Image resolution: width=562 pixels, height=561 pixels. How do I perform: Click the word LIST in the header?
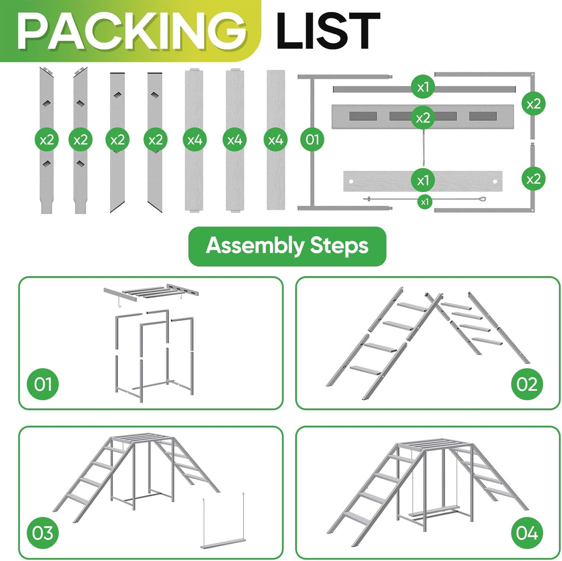(328, 31)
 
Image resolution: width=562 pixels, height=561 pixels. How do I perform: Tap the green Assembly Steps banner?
(287, 246)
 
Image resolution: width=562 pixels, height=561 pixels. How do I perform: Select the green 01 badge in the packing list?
(312, 139)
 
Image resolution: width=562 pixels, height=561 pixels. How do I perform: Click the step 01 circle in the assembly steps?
(43, 384)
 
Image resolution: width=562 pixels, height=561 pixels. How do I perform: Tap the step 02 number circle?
(527, 384)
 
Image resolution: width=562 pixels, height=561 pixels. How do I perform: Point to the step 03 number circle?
(43, 533)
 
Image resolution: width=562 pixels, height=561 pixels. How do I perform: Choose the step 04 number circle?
(527, 533)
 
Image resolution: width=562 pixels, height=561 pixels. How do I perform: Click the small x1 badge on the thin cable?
(425, 202)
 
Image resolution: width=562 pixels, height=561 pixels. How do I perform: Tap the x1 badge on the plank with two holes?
(423, 180)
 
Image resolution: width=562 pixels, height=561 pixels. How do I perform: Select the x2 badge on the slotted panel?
(423, 118)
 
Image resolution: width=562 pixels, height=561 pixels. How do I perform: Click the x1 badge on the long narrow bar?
(423, 87)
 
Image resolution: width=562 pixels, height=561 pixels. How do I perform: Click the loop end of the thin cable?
(481, 199)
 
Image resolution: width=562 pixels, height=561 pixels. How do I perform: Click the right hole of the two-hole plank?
(495, 182)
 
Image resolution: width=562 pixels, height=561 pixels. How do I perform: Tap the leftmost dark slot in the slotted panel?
(363, 116)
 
